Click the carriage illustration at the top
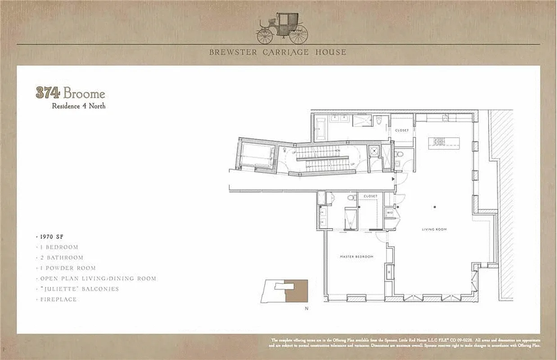(282, 28)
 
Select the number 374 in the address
(48, 93)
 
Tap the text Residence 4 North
(78, 106)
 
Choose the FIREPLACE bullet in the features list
(58, 299)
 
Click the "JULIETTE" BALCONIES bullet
(79, 289)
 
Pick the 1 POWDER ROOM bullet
(68, 268)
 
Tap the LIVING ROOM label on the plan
(434, 229)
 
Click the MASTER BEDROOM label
(356, 256)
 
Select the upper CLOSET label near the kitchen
(402, 130)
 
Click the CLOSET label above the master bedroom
(370, 196)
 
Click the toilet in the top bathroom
(379, 121)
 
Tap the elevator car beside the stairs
(257, 155)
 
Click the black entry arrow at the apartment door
(394, 179)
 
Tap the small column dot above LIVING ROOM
(435, 207)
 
